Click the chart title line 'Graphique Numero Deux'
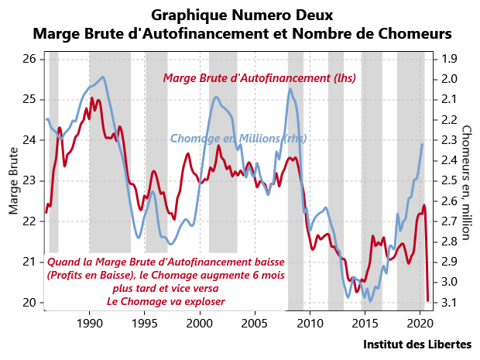tap(242, 15)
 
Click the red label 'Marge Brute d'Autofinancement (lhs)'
tap(259, 78)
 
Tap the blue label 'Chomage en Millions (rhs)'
tap(238, 139)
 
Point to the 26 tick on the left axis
tap(29, 59)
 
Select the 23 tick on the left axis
tap(29, 180)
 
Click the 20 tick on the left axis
tap(29, 302)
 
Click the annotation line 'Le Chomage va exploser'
tap(166, 301)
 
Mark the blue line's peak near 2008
tap(290, 88)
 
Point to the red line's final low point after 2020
tap(428, 300)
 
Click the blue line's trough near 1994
tap(138, 238)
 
